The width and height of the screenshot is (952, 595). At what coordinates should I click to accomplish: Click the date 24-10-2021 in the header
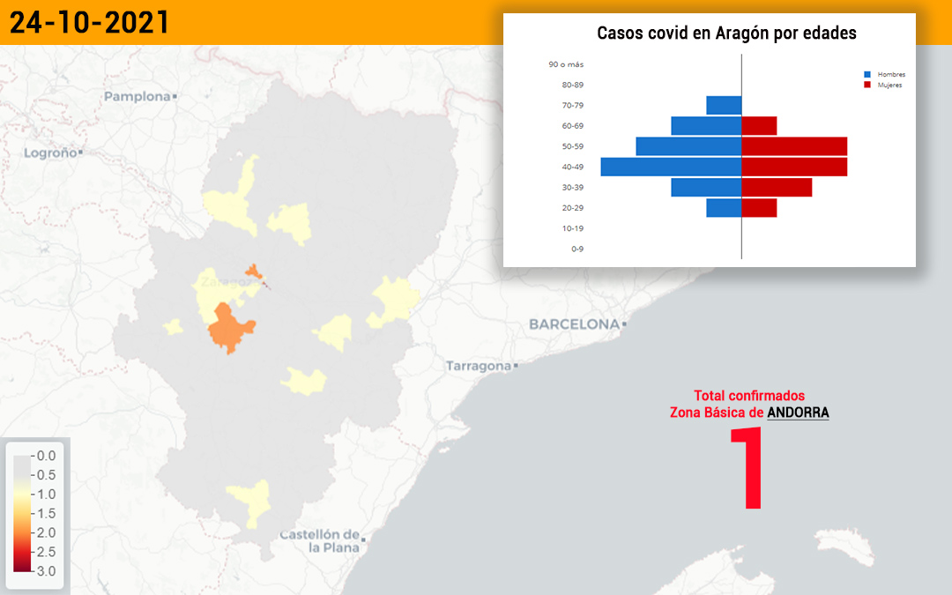(89, 22)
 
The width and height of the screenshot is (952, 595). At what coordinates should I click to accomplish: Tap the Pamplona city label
(138, 97)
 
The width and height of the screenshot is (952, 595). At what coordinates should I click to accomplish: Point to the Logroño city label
(50, 153)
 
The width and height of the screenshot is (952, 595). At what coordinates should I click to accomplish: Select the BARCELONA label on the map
(575, 324)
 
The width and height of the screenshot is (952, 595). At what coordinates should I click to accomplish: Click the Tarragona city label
(479, 366)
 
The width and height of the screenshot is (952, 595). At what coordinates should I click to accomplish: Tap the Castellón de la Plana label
(320, 541)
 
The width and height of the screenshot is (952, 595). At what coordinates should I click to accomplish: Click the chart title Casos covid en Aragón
(726, 33)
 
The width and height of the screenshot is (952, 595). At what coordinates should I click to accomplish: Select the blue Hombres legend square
(867, 75)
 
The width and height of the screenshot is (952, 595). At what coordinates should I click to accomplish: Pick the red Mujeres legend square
(867, 85)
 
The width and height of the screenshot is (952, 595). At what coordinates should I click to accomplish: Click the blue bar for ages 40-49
(671, 167)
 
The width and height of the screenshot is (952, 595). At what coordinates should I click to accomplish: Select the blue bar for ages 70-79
(724, 105)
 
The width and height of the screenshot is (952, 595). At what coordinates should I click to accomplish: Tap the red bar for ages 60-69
(759, 126)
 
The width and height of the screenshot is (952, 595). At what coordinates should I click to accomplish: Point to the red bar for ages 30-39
(777, 188)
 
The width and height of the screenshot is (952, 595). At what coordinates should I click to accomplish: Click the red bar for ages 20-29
(759, 208)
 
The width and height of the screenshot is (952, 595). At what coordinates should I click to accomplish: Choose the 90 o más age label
(566, 64)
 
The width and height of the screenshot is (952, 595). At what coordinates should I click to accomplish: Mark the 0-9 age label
(576, 249)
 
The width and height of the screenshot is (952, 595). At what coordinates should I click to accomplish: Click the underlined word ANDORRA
(798, 413)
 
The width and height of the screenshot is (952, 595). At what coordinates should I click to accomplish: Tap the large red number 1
(747, 467)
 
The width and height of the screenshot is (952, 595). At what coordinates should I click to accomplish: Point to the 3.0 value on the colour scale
(46, 571)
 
